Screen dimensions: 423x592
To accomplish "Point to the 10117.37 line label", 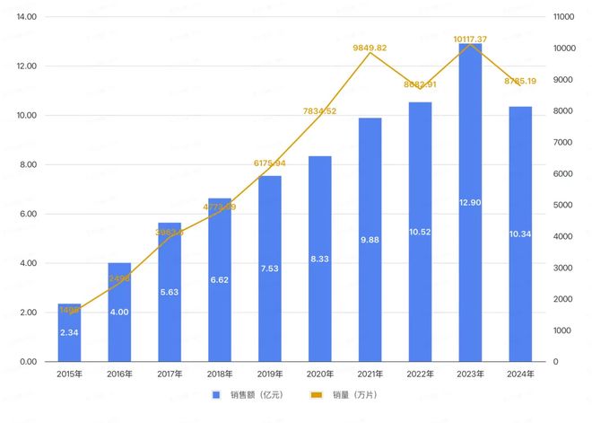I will [x=470, y=39].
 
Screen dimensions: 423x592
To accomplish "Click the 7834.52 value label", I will [x=320, y=111].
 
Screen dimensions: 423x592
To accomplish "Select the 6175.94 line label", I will [x=270, y=163].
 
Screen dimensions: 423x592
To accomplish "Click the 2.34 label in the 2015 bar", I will [x=70, y=332].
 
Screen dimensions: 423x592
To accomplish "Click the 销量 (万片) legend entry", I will [x=344, y=395].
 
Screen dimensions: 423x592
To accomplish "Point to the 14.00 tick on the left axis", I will [x=26, y=17].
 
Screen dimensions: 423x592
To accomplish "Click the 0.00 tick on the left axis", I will [x=28, y=362].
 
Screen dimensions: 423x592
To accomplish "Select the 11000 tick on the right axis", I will [x=563, y=17].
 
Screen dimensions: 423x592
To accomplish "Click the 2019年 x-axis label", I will [x=270, y=374].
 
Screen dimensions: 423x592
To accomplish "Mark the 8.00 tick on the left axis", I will [x=28, y=165].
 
